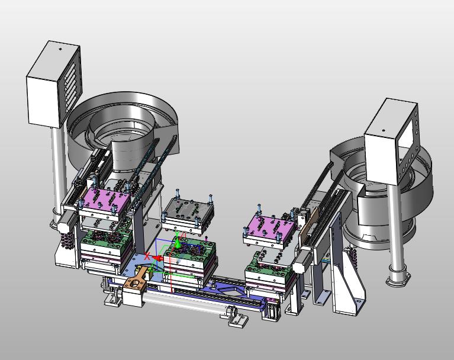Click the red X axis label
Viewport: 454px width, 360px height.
(147, 256)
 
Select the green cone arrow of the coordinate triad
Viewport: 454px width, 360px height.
(178, 245)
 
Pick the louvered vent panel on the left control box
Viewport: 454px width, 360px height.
(70, 84)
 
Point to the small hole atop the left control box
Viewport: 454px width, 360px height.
(60, 49)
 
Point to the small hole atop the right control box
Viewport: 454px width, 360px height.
(384, 130)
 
